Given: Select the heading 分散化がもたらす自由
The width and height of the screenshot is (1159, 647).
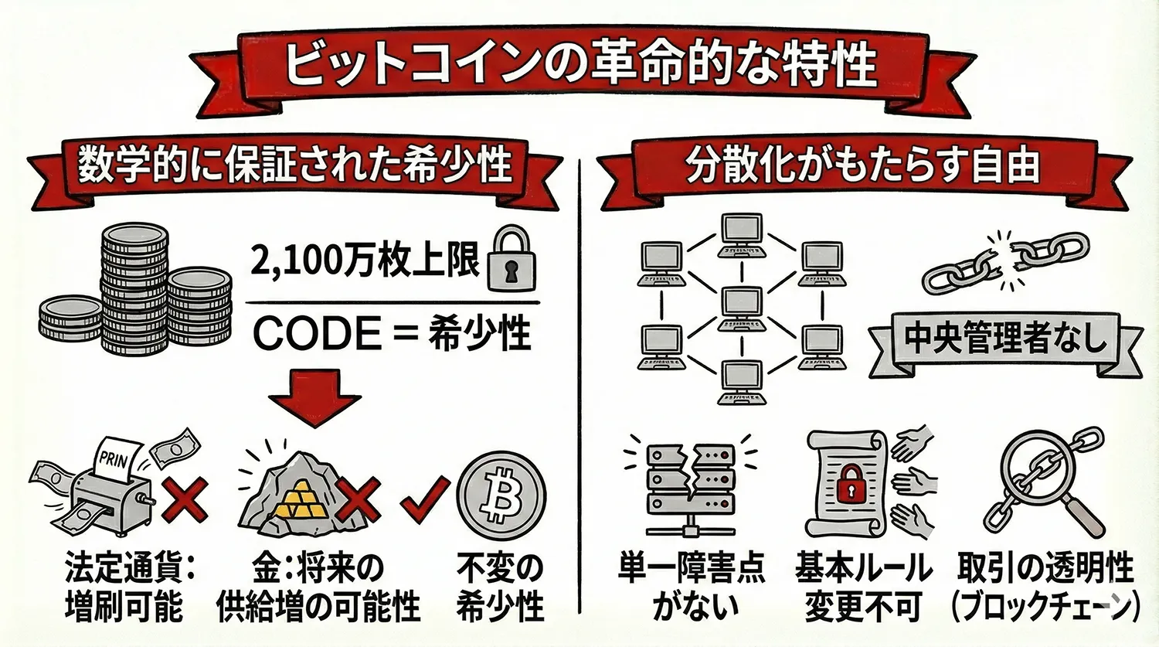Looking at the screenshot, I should point(862,165).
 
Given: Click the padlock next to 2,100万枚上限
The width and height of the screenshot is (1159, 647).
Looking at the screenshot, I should point(511,258).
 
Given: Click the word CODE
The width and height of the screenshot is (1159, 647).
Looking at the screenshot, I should point(317,334).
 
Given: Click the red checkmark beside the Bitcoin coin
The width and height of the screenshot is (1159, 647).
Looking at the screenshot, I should point(425,499).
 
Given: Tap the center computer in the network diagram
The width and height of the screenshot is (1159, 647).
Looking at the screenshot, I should point(741,310).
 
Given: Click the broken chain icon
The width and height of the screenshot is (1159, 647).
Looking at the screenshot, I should point(1004,263).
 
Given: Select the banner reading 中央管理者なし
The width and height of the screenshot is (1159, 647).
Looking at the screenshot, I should point(1005,340).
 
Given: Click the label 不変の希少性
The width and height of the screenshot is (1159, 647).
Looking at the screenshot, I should point(501,587).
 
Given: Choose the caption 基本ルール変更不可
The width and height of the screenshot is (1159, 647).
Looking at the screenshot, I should point(863,587).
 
